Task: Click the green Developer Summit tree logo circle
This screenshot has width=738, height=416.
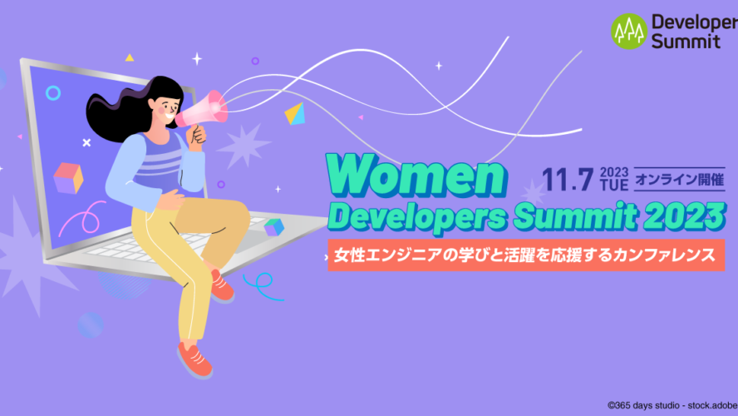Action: coord(629,31)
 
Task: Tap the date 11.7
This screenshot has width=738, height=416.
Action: coord(567,180)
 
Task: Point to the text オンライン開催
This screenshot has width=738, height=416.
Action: coord(680,180)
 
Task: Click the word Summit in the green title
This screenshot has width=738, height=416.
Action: coord(575,216)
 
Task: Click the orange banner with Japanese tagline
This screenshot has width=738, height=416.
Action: coord(526,255)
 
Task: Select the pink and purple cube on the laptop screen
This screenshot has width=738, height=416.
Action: coord(68,178)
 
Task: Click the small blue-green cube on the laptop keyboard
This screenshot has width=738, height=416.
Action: coord(274,227)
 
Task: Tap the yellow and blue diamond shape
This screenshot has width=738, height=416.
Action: coord(295,114)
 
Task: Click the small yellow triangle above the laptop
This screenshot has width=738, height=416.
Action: coord(130,58)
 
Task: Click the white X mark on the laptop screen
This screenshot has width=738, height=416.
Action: coord(86,142)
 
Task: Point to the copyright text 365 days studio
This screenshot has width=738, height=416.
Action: coord(647,405)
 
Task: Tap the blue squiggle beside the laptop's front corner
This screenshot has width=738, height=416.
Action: coord(261,285)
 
